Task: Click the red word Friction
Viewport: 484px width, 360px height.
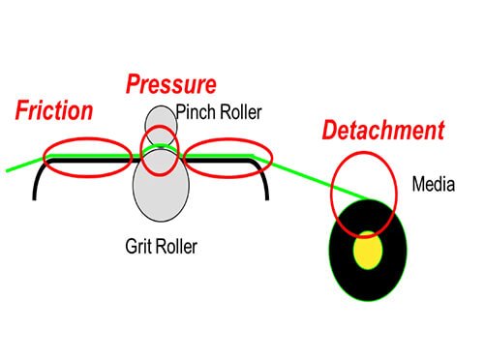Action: [x=54, y=110]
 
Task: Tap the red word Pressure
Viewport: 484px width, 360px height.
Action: [x=171, y=84]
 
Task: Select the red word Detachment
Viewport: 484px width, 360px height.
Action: [x=383, y=130]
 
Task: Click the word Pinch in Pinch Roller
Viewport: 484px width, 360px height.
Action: [x=196, y=112]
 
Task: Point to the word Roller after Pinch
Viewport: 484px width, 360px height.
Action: [x=240, y=112]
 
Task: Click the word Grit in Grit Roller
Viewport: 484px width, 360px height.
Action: [x=138, y=247]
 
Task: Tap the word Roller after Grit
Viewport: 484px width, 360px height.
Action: [x=176, y=247]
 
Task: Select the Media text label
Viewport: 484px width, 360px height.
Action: [x=434, y=184]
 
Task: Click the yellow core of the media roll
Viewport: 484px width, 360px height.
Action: [x=368, y=250]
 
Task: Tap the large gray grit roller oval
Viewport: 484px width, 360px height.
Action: [x=161, y=194]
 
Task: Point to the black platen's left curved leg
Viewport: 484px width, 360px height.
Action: [x=36, y=181]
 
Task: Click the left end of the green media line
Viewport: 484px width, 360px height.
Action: [x=7, y=170]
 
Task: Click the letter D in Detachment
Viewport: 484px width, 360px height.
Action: [x=330, y=130]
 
